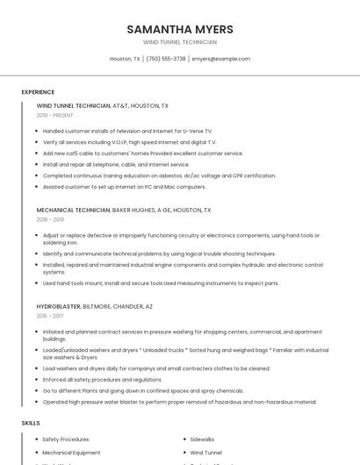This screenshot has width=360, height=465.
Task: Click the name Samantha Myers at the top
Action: [x=180, y=29]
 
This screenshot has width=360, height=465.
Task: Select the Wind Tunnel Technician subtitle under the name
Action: [x=180, y=42]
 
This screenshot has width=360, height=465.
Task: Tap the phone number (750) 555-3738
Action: [x=166, y=59]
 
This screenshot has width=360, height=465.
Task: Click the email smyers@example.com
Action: [x=220, y=59]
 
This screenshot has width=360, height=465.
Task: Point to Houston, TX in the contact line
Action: [x=125, y=59]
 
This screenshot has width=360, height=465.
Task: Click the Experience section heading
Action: [x=38, y=92]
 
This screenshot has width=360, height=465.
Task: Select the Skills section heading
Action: [x=31, y=423]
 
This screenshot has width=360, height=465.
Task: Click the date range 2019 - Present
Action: [x=54, y=115]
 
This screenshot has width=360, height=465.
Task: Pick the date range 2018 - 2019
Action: [x=51, y=219]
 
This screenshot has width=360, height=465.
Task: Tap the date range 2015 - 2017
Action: [x=51, y=316]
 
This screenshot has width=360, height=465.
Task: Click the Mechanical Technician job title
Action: [x=74, y=211]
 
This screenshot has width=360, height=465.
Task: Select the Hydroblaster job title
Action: [x=59, y=307]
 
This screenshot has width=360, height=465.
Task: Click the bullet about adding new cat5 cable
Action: [x=142, y=153]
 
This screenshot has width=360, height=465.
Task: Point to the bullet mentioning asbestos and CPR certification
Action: [x=159, y=175]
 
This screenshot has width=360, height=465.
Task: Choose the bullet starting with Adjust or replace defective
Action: [x=181, y=239]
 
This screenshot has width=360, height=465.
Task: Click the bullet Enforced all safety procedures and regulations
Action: [x=102, y=380]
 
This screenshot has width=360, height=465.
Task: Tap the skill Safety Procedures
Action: [x=66, y=439]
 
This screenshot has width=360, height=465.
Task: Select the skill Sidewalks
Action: [x=202, y=439]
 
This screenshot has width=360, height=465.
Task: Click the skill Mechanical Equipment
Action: [x=71, y=453]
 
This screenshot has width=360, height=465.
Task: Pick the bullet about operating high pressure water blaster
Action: [x=179, y=402]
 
